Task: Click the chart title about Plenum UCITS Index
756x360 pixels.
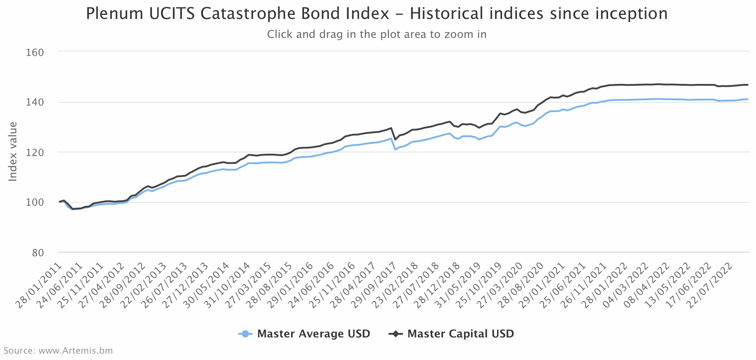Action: point(377,14)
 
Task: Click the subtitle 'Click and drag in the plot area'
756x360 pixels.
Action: point(377,34)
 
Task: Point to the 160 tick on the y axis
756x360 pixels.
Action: point(35,52)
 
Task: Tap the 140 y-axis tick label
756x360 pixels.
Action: point(35,102)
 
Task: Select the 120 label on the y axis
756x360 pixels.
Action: point(35,152)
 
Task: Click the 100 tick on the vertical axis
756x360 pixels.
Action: point(35,203)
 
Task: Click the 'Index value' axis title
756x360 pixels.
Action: point(13,152)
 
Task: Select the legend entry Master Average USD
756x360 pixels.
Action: point(313,334)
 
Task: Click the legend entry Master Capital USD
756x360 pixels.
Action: point(461,334)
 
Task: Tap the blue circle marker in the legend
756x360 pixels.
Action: point(245,334)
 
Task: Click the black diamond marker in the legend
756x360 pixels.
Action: point(396,334)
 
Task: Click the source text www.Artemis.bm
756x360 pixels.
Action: point(58,351)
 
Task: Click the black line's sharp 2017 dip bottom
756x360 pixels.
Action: point(395,139)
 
